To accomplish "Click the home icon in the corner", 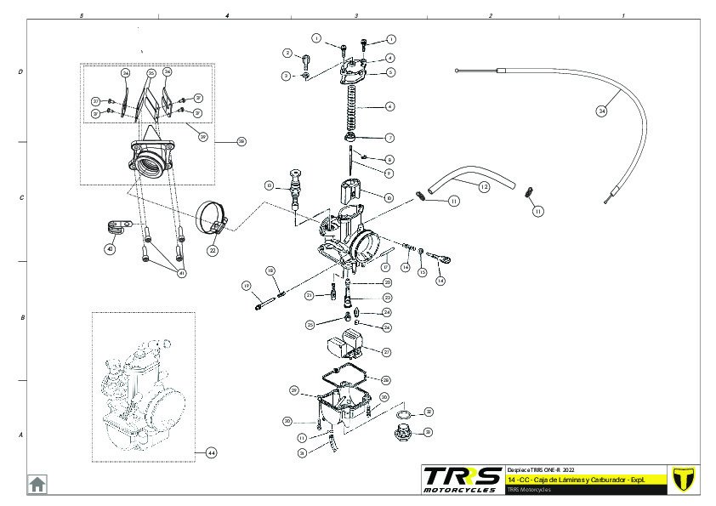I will (x=37, y=484).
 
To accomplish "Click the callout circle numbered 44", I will (x=212, y=453).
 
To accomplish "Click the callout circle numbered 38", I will (x=241, y=141).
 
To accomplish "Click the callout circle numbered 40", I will (x=110, y=249).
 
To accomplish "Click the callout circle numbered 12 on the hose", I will (x=483, y=185).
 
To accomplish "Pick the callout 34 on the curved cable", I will (x=602, y=111).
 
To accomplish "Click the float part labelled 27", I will (x=345, y=346).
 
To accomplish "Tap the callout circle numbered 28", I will (x=386, y=380).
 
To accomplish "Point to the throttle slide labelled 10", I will (x=352, y=191).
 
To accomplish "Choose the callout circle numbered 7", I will (x=389, y=137).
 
